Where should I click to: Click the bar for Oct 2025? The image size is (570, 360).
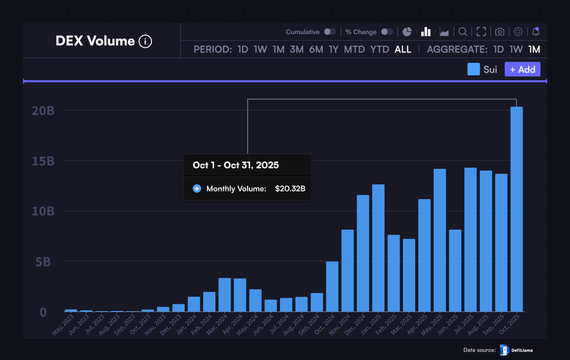click(x=516, y=209)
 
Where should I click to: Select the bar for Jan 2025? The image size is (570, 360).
click(x=378, y=248)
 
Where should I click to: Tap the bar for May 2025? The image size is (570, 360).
click(x=440, y=240)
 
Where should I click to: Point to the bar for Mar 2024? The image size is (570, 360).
click(x=225, y=295)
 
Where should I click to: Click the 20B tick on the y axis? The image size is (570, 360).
click(x=43, y=110)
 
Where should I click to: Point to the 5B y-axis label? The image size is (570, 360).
click(x=43, y=262)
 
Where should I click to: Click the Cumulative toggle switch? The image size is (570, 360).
click(x=330, y=32)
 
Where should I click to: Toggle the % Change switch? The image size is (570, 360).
click(x=386, y=32)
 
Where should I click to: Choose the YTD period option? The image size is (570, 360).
click(x=379, y=49)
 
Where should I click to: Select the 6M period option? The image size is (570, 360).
click(x=316, y=49)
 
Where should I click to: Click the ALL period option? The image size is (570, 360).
click(x=403, y=49)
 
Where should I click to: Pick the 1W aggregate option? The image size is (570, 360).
click(x=516, y=49)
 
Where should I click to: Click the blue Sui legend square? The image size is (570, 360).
click(x=474, y=69)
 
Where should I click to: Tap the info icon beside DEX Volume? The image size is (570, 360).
click(x=145, y=42)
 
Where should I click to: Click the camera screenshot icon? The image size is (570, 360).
click(x=500, y=32)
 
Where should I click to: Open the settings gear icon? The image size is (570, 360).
click(x=518, y=32)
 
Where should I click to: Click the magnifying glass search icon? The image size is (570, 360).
click(x=463, y=32)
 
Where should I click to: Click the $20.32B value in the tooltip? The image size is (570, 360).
click(x=290, y=188)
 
